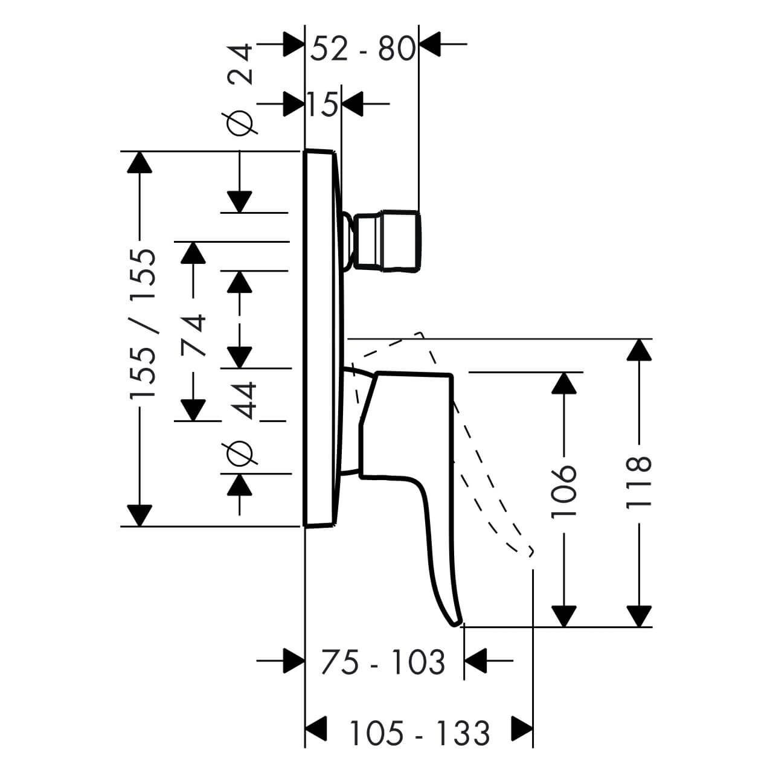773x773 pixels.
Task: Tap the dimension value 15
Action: [323, 105]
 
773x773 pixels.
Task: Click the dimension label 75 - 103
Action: [383, 662]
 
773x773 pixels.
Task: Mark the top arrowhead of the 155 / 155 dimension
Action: [140, 162]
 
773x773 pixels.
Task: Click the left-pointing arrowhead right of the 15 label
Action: [352, 103]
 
